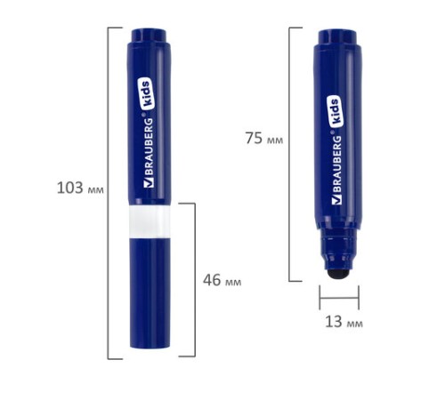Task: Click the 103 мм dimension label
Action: [80, 188]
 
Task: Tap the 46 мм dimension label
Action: [222, 280]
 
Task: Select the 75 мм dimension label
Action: [264, 138]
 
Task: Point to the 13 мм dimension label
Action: [344, 322]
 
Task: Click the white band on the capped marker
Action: [150, 220]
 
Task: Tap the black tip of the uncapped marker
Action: [339, 275]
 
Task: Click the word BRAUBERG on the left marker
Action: [149, 148]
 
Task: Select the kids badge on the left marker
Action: [147, 93]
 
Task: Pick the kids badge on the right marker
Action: [336, 111]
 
